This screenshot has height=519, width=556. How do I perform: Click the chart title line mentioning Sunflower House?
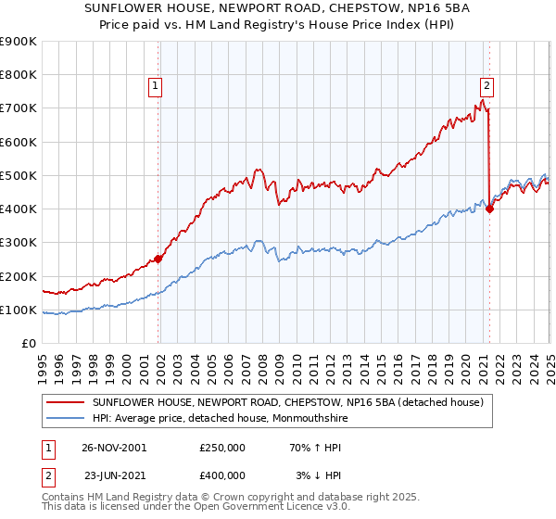pyautogui.click(x=278, y=9)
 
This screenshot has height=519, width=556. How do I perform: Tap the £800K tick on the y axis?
pyautogui.click(x=19, y=75)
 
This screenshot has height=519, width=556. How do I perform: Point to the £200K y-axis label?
pyautogui.click(x=19, y=276)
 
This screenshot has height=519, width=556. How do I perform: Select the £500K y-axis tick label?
pyautogui.click(x=19, y=175)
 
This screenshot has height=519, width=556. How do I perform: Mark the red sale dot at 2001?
pyautogui.click(x=158, y=259)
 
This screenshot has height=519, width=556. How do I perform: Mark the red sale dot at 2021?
pyautogui.click(x=489, y=209)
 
